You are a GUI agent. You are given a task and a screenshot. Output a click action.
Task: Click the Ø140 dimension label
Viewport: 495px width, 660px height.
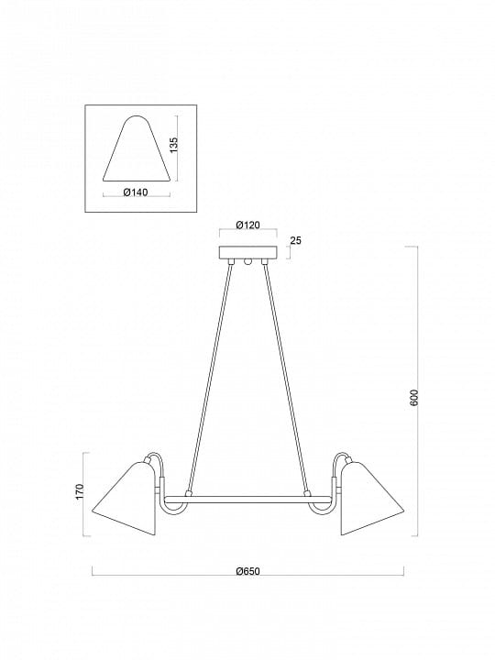tap(136, 192)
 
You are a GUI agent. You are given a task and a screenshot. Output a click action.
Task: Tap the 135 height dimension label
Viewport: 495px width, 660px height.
tap(174, 145)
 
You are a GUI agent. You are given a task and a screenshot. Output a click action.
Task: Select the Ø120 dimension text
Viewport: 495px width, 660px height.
tap(247, 225)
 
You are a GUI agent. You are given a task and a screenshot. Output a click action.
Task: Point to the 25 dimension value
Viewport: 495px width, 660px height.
tap(296, 241)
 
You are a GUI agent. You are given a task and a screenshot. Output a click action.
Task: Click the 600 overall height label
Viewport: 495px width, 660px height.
tap(414, 398)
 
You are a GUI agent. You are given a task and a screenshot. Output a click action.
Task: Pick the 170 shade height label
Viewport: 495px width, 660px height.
tap(80, 491)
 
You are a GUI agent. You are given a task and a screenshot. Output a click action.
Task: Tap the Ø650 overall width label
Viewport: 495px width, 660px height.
tap(247, 571)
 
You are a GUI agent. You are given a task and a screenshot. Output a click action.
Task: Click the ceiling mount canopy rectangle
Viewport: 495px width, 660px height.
tap(248, 253)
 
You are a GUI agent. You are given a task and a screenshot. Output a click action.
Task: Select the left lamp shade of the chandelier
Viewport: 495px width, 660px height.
tap(125, 500)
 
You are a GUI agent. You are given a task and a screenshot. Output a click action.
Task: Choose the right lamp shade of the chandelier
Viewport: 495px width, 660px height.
tap(371, 500)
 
